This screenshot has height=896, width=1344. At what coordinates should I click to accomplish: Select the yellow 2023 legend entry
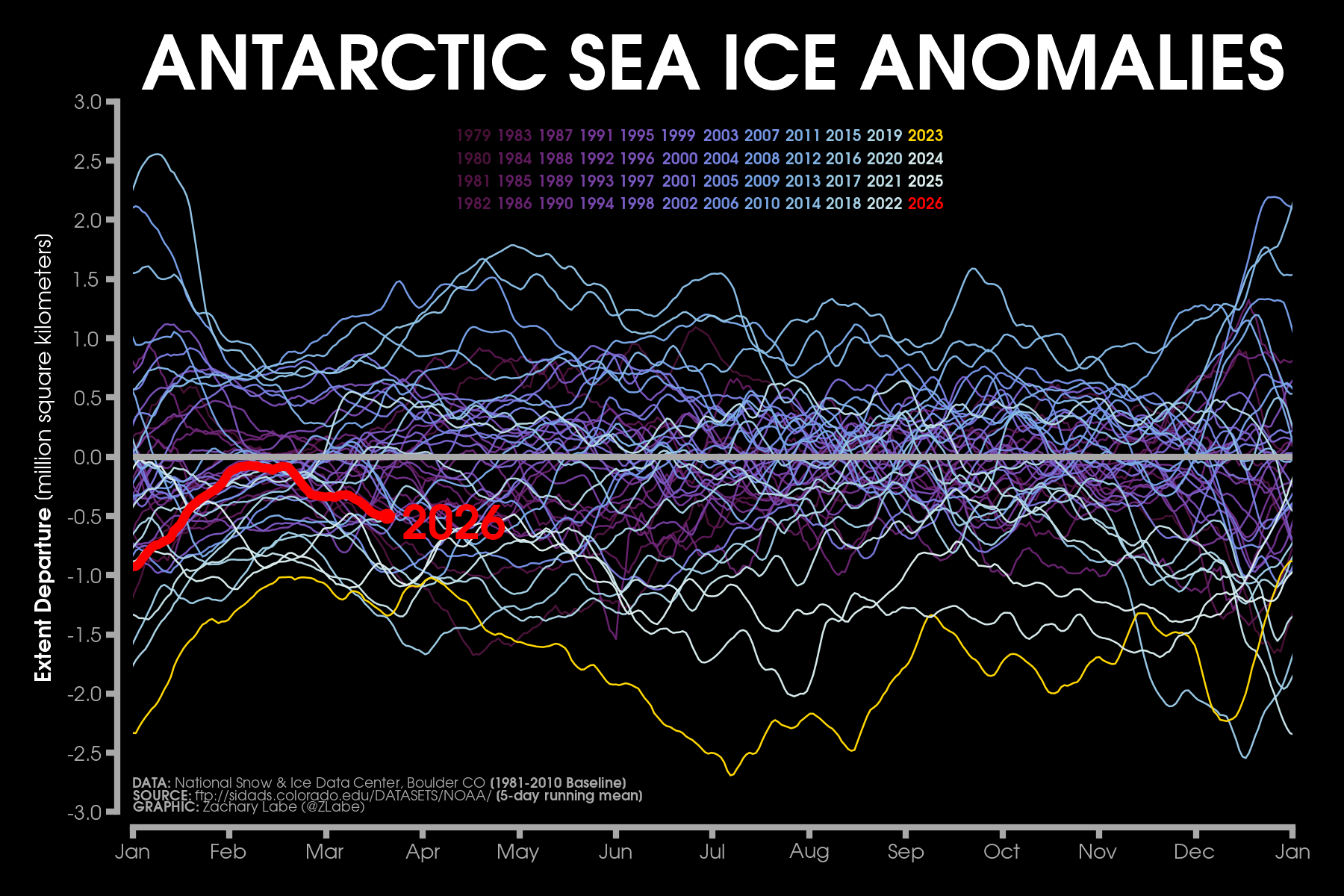coord(925,136)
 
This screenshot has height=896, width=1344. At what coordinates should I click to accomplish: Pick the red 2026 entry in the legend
coord(925,203)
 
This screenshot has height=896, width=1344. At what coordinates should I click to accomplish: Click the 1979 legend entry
coord(473,136)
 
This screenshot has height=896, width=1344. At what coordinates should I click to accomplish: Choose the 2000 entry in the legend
coord(679,158)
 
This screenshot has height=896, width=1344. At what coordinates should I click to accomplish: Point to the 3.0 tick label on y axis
coord(87,102)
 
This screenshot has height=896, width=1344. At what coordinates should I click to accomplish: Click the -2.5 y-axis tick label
coord(84,753)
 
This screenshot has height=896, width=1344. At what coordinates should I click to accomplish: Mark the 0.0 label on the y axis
coord(87,457)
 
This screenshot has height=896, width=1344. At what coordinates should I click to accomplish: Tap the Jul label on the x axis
coord(712,852)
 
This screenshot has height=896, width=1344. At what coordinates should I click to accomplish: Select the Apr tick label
coord(423,852)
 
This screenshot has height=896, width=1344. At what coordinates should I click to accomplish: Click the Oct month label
coord(1001,852)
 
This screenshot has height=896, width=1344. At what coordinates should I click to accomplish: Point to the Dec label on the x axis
coord(1194,852)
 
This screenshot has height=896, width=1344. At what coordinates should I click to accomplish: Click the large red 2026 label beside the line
coord(454,522)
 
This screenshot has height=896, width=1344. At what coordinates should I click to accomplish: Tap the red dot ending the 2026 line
coord(388,516)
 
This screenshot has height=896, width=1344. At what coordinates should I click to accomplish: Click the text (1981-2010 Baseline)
coord(558,783)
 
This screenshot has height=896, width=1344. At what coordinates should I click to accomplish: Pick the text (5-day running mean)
coord(569,795)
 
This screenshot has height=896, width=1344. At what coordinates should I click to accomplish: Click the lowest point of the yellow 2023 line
coord(731,775)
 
